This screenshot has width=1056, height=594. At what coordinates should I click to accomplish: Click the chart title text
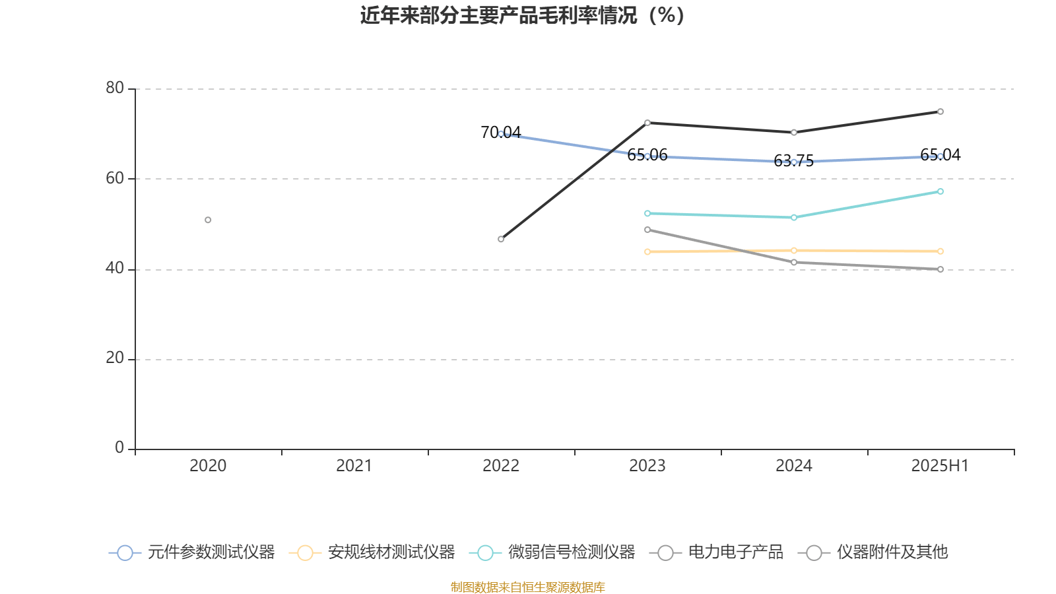(522, 15)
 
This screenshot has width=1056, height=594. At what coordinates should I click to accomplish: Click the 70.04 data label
(500, 133)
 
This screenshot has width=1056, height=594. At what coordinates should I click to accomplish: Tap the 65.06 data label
(647, 155)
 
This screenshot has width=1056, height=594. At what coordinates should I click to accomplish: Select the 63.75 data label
(793, 161)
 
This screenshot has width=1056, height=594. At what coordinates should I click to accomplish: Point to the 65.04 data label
(940, 155)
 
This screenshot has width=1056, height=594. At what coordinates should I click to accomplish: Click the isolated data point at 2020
(208, 220)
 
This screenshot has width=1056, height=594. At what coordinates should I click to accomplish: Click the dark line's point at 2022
(501, 239)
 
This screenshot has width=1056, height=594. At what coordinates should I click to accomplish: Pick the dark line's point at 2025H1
(940, 112)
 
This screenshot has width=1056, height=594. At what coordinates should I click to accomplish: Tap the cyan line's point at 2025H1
(940, 191)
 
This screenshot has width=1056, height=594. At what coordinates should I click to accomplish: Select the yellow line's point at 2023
(647, 251)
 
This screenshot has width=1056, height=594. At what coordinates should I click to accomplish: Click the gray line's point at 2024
(794, 262)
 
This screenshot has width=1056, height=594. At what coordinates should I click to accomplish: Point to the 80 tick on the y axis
(115, 88)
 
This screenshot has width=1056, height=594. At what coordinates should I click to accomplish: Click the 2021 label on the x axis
(354, 466)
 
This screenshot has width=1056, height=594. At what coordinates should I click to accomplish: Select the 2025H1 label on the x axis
(940, 466)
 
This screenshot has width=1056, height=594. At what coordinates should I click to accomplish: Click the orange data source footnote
(527, 587)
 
